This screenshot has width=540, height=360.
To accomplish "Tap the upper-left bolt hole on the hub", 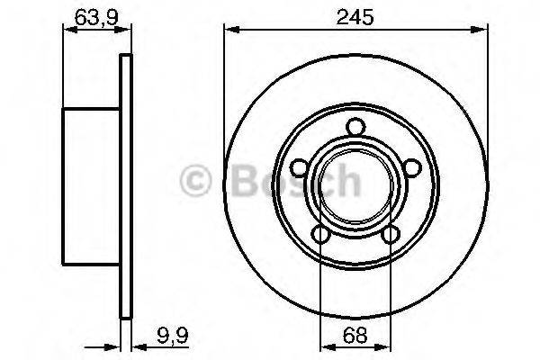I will pos(298,168).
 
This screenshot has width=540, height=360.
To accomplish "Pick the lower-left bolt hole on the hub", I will pos(321,236).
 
